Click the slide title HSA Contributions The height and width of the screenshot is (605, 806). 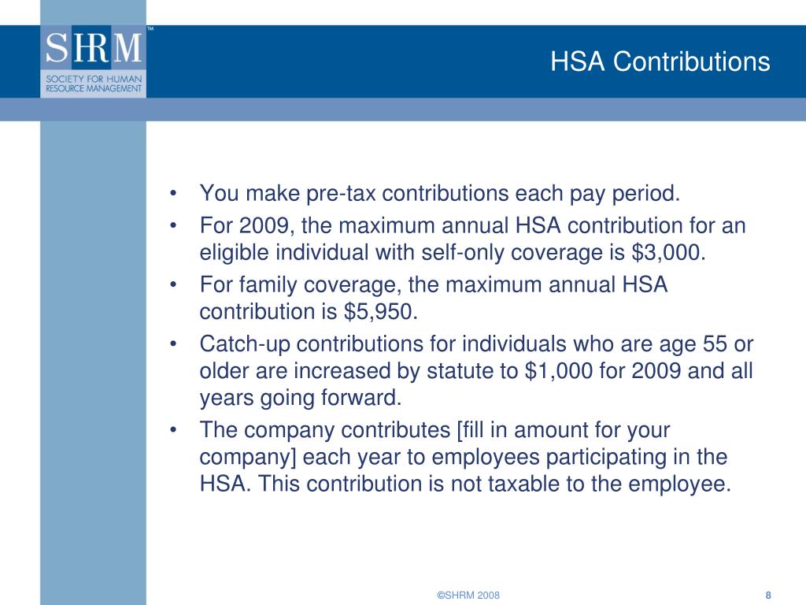pyautogui.click(x=660, y=61)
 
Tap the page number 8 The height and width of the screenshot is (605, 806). pyautogui.click(x=767, y=595)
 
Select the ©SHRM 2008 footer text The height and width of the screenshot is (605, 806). pyautogui.click(x=468, y=595)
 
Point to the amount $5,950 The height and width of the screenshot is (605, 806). pyautogui.click(x=379, y=312)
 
